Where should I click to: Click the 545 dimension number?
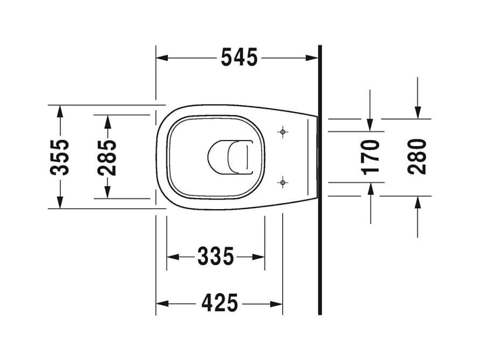pos(239,57)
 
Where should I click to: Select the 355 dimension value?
pos(60,157)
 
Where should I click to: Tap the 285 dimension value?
pos(107,158)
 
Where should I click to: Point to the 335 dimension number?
pos(216,256)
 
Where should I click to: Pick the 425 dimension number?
pos(220,303)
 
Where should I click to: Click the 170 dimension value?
pos(370,157)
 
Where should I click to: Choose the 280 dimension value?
pos(418,157)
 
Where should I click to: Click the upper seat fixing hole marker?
pos(283,132)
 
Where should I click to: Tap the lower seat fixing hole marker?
pos(283,183)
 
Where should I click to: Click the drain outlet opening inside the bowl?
pos(230,157)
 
